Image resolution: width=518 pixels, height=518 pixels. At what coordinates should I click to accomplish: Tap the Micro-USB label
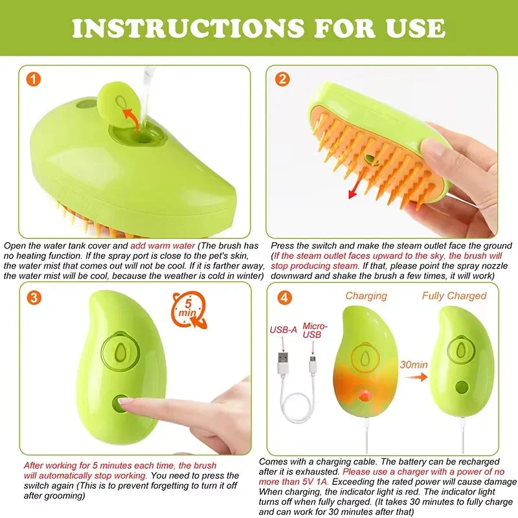[x=315, y=331]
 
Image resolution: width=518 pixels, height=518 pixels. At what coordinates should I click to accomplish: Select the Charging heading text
[x=366, y=296]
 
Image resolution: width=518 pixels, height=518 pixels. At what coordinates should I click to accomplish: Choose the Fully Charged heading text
[x=454, y=296]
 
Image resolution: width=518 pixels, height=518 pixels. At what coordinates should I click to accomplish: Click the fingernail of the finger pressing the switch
[x=127, y=403]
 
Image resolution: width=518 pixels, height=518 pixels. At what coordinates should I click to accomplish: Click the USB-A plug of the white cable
[x=283, y=358]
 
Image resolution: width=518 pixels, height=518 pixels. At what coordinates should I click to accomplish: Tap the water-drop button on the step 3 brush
[x=120, y=350]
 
